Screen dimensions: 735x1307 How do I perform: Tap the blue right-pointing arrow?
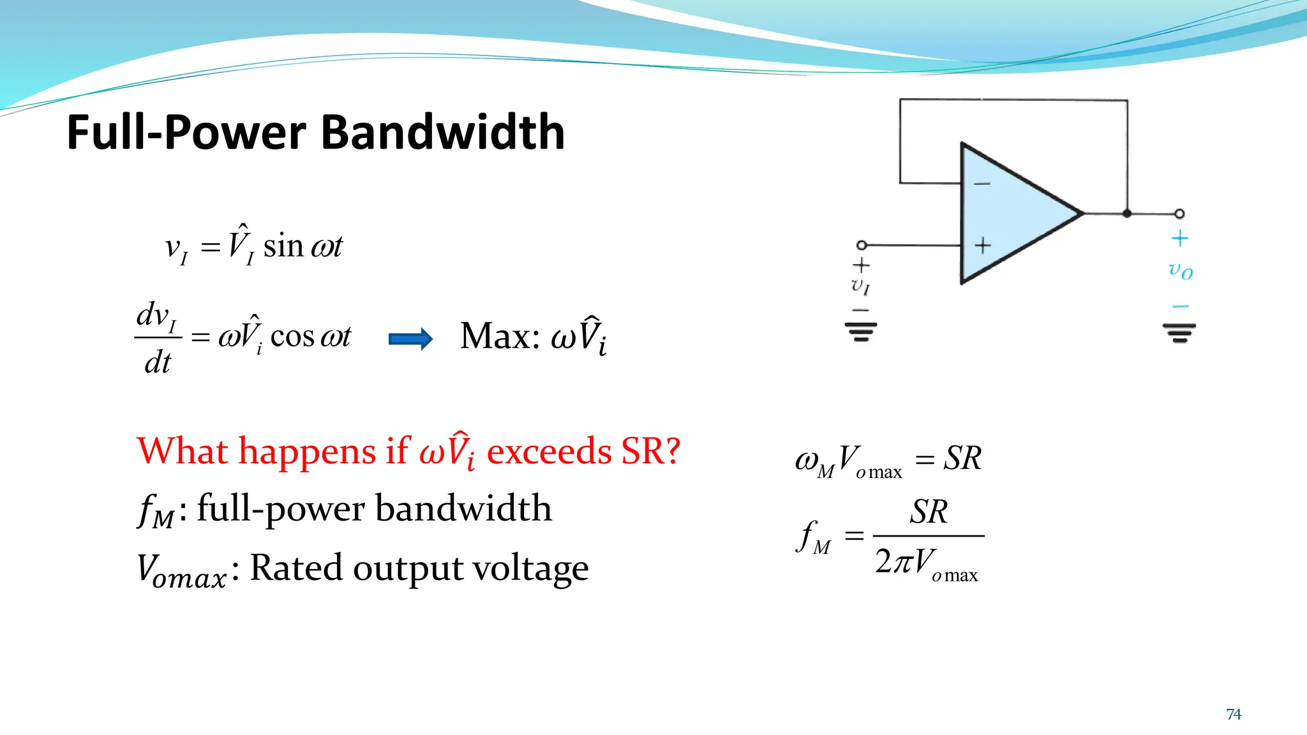click(411, 338)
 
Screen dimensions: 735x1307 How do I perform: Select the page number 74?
click(1233, 714)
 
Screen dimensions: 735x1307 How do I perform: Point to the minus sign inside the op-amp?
click(982, 184)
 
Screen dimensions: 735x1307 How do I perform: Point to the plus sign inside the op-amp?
click(983, 245)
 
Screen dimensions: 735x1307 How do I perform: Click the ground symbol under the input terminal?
click(861, 331)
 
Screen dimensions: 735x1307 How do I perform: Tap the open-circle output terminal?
click(1179, 214)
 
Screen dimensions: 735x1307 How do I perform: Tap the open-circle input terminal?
click(862, 245)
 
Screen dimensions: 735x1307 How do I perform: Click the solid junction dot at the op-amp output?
click(1127, 214)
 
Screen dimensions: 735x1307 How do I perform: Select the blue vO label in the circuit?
click(1181, 271)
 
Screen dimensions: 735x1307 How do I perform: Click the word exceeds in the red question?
click(549, 452)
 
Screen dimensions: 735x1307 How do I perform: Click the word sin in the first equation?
click(283, 246)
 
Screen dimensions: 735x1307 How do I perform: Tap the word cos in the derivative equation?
click(292, 336)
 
